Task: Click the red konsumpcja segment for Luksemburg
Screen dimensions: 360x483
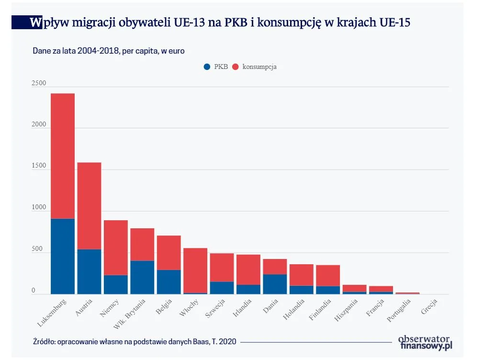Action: click(x=63, y=156)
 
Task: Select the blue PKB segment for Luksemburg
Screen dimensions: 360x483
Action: click(x=63, y=256)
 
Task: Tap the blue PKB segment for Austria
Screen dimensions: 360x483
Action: click(x=89, y=271)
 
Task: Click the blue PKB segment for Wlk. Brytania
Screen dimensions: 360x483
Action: click(x=142, y=277)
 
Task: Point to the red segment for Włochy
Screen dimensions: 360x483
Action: click(x=195, y=270)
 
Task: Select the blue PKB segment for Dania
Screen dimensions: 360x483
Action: click(x=275, y=284)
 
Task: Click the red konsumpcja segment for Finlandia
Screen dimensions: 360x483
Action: click(x=328, y=275)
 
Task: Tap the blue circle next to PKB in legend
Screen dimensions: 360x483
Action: click(x=207, y=67)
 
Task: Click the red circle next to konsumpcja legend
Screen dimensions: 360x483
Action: click(x=235, y=67)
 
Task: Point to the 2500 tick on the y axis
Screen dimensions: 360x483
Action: click(x=39, y=83)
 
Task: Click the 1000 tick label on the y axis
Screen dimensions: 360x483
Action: click(x=39, y=208)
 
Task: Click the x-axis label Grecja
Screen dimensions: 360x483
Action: click(x=429, y=306)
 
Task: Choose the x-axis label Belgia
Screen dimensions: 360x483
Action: click(x=164, y=306)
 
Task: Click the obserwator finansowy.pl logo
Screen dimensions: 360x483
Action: click(x=425, y=342)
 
